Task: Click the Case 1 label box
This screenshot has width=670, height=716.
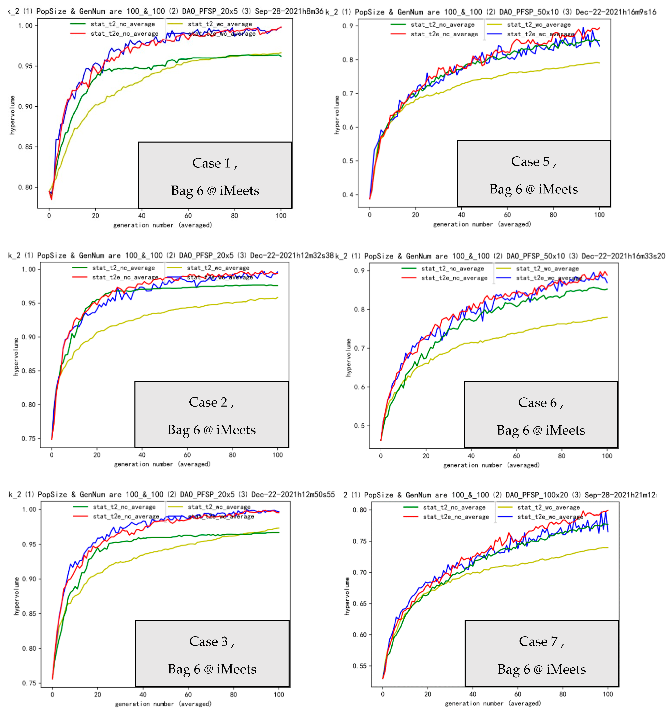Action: click(215, 175)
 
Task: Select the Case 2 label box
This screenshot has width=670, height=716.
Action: click(212, 414)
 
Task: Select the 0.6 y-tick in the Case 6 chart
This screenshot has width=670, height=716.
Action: click(359, 387)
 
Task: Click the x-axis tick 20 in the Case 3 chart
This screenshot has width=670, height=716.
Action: click(98, 695)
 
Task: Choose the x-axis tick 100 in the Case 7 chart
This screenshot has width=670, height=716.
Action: click(608, 694)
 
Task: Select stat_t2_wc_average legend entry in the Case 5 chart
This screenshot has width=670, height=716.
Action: click(539, 25)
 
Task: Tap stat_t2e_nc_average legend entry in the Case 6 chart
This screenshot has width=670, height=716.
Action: click(454, 278)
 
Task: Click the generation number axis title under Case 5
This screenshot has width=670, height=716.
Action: click(482, 224)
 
